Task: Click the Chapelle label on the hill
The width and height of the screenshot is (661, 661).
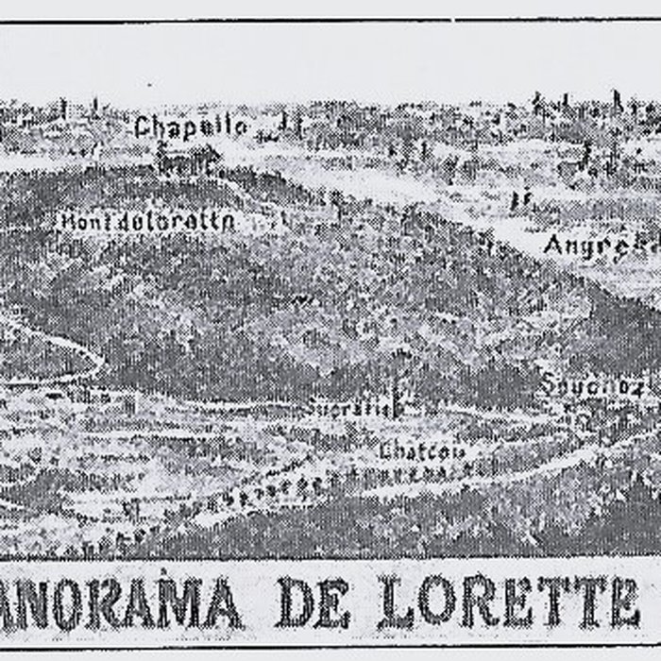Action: click(192, 127)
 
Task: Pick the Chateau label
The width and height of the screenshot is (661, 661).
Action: click(422, 451)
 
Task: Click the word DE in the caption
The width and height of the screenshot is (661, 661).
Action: click(316, 602)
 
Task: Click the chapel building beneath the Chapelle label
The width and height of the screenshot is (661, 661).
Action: click(189, 159)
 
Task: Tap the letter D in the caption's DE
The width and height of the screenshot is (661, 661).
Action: click(295, 602)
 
